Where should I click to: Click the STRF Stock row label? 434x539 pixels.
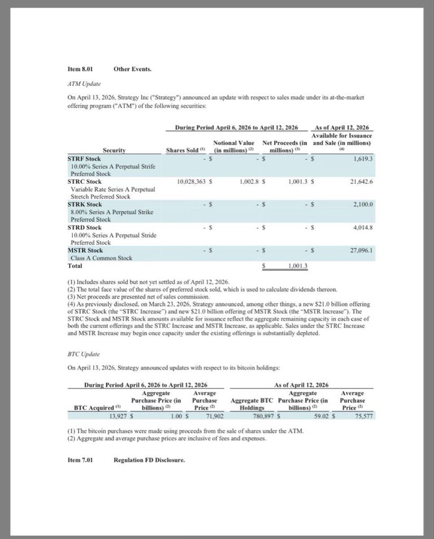[x=84, y=159]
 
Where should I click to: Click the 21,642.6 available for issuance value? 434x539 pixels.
[x=361, y=181]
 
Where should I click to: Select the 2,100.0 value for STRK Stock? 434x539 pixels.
[x=362, y=204]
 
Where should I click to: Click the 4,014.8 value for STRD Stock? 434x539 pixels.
[x=362, y=227]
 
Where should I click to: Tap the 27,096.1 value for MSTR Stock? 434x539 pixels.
[x=361, y=250]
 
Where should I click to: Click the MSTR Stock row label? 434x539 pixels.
[x=85, y=250]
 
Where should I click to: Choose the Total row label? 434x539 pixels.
[x=75, y=265]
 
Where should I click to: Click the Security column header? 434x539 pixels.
[x=114, y=150]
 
